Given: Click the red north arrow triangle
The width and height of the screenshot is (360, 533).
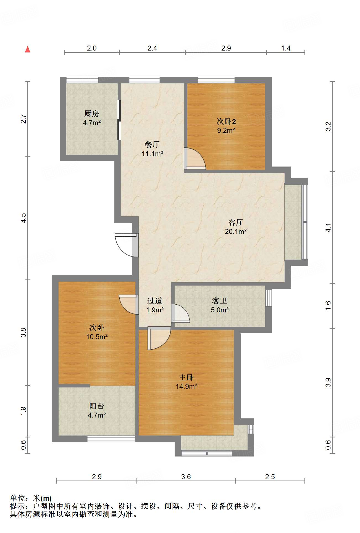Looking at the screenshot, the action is [x=28, y=49].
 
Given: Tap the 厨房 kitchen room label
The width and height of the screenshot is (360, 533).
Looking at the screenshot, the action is [x=91, y=113].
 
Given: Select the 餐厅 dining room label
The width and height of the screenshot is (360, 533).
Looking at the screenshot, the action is [x=152, y=144].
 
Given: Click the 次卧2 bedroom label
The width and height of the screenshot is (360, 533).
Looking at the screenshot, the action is [x=226, y=121].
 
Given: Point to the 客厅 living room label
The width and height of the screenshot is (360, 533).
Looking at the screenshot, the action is [x=236, y=222].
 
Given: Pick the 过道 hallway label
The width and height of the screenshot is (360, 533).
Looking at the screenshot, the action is [x=155, y=301].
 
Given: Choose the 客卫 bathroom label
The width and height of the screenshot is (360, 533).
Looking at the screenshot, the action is [x=220, y=301].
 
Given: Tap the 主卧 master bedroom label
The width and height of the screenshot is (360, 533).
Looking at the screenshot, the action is [x=186, y=377].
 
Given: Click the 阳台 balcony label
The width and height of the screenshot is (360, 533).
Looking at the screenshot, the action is [x=97, y=406].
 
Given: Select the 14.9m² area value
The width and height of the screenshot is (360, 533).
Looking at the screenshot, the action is [x=186, y=386].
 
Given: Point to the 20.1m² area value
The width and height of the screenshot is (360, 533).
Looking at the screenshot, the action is [x=236, y=231].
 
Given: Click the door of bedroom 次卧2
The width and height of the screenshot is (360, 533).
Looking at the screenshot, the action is [x=195, y=159].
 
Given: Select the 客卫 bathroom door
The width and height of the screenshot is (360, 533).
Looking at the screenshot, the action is [x=180, y=313].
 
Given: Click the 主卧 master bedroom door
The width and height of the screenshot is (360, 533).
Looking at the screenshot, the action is [x=159, y=338].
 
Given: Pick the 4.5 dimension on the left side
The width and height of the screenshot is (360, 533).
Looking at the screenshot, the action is [x=24, y=218].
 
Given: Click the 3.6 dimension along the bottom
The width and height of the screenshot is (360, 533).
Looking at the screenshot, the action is [x=186, y=477].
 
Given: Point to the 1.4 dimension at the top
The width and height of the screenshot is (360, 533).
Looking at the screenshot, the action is [x=286, y=48].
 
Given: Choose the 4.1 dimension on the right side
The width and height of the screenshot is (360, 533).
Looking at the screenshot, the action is [x=328, y=228].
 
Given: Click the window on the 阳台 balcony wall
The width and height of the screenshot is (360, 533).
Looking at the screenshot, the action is [x=111, y=439].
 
